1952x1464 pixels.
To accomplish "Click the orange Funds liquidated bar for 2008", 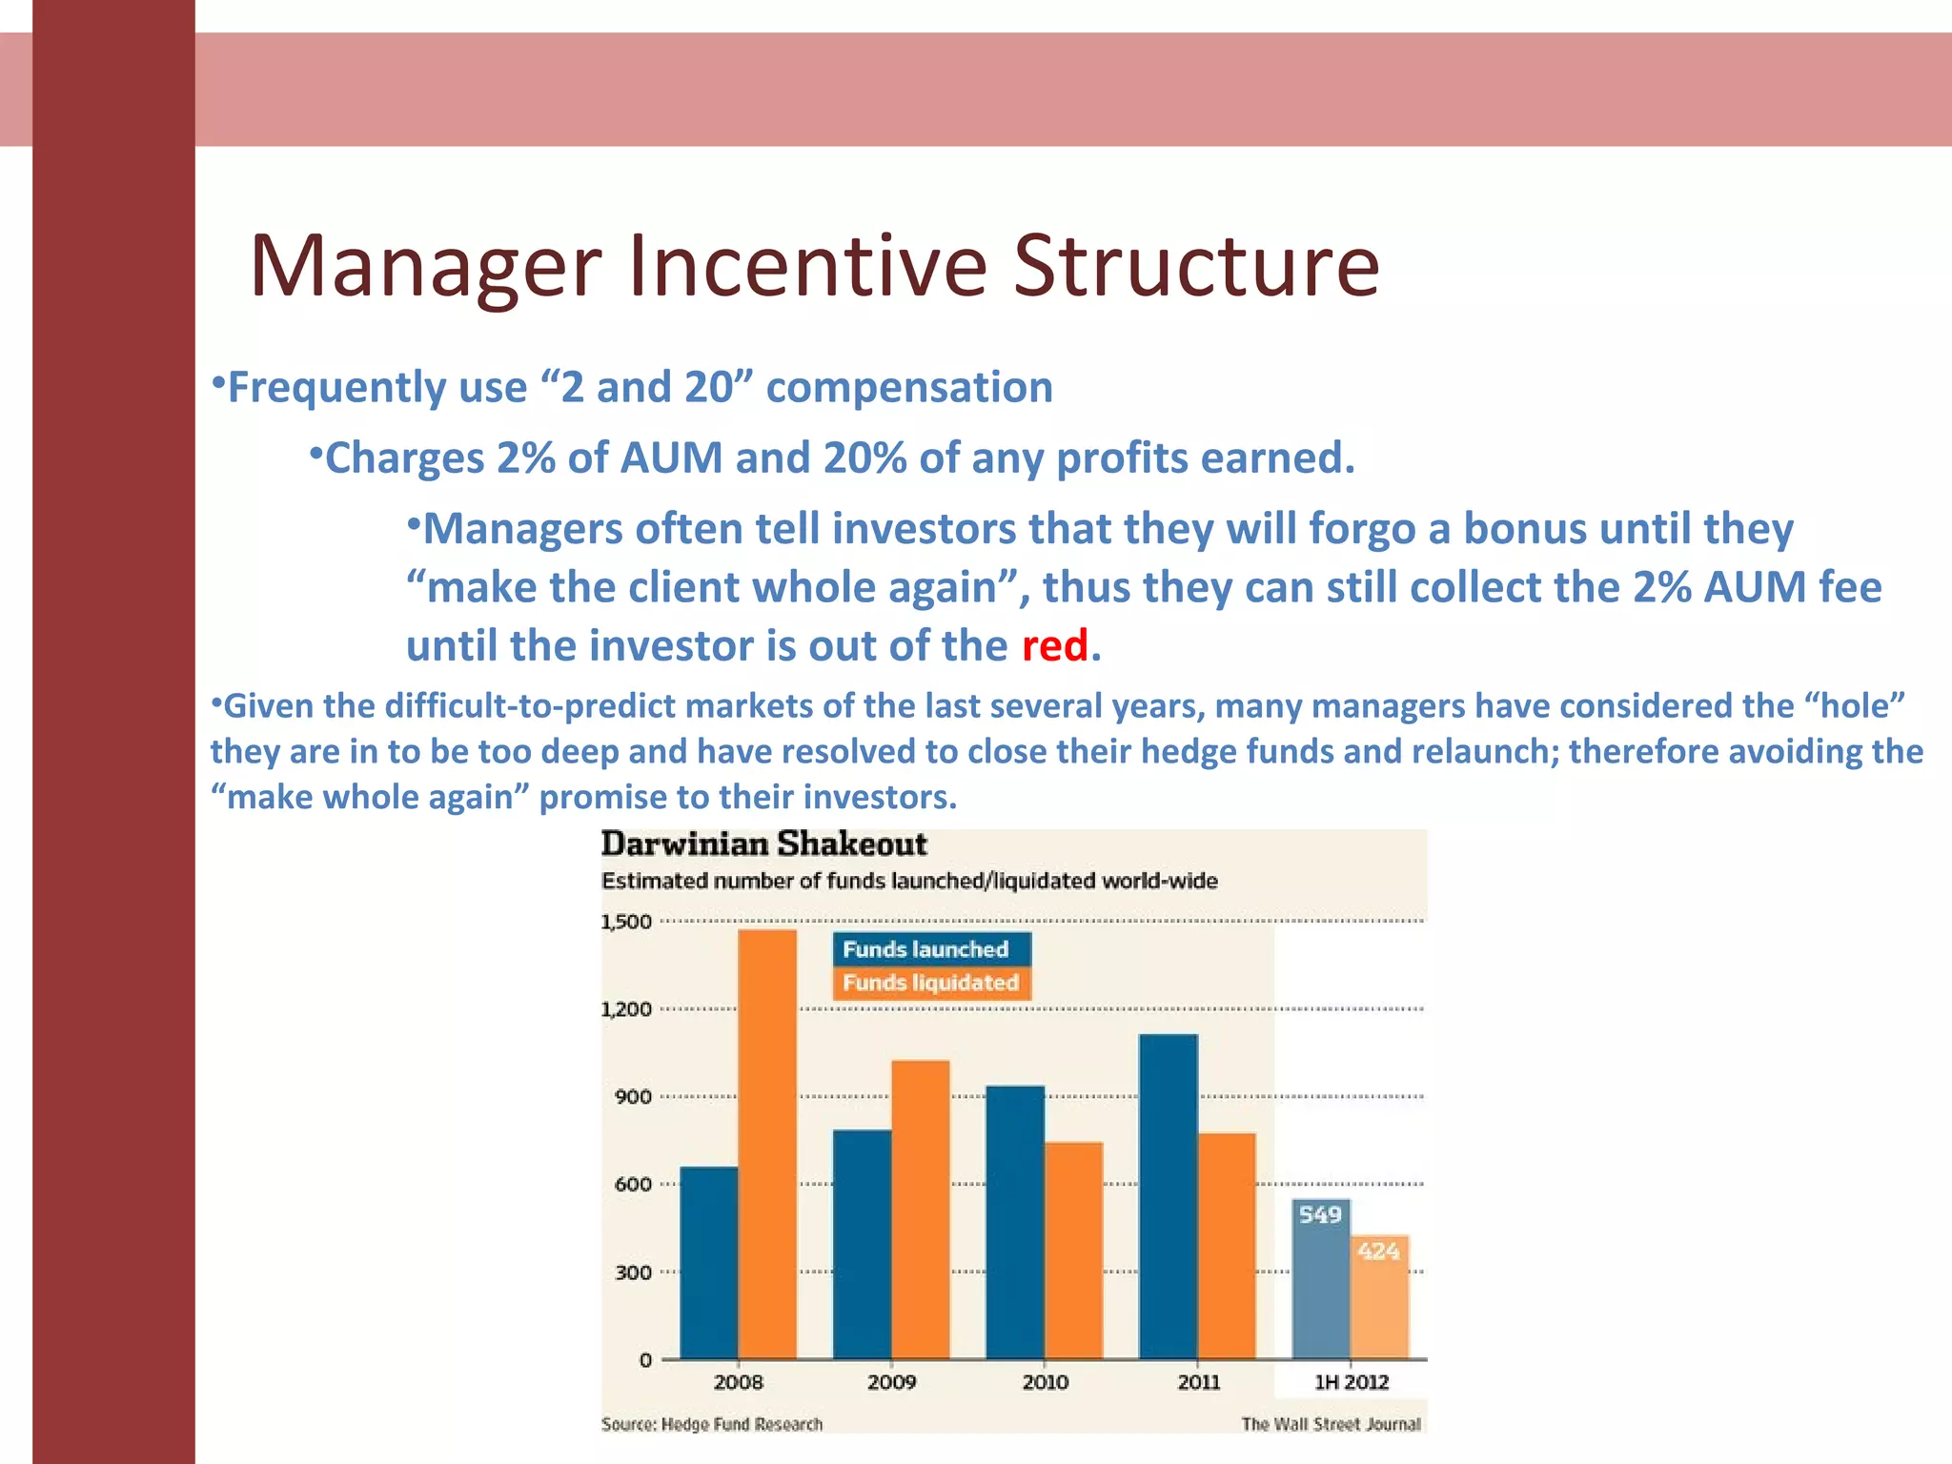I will point(767,1144).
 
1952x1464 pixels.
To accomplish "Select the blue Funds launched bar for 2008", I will point(709,1263).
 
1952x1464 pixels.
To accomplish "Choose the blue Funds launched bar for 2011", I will point(1169,1196).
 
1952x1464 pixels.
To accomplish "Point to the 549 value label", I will point(1320,1214).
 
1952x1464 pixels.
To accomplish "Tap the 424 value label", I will point(1378,1250).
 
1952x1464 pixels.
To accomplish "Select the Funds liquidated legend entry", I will point(931,983).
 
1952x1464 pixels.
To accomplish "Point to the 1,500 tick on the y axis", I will point(626,922).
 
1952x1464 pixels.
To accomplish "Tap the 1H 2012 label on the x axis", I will point(1352,1382).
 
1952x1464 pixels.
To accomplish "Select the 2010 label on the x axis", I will point(1046,1382).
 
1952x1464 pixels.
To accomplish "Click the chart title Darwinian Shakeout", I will point(763,844).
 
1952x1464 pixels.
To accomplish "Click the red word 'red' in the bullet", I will point(1054,646).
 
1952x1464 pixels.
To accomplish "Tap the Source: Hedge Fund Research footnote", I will point(712,1424).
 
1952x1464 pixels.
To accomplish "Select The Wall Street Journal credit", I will point(1331,1424).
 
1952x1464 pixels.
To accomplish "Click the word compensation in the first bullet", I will point(909,388).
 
